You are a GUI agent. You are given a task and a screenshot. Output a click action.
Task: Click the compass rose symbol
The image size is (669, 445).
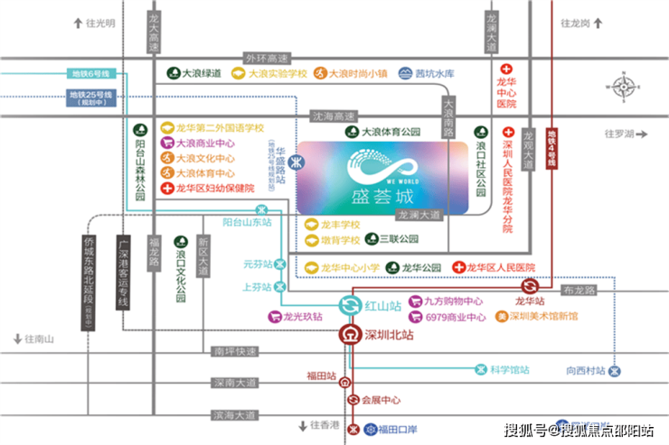coord(624,88)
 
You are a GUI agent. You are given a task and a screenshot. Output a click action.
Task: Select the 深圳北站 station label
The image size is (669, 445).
coord(389,334)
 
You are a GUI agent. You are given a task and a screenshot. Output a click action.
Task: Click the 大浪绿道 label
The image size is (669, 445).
coord(202,73)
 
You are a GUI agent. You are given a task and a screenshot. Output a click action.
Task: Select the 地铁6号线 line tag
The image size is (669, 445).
coord(89,74)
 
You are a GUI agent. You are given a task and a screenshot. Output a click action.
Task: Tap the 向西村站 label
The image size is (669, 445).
coord(585,370)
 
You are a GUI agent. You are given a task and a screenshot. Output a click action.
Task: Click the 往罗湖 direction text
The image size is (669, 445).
coord(624,134)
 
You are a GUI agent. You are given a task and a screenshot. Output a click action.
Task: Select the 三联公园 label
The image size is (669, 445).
coord(399,240)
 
